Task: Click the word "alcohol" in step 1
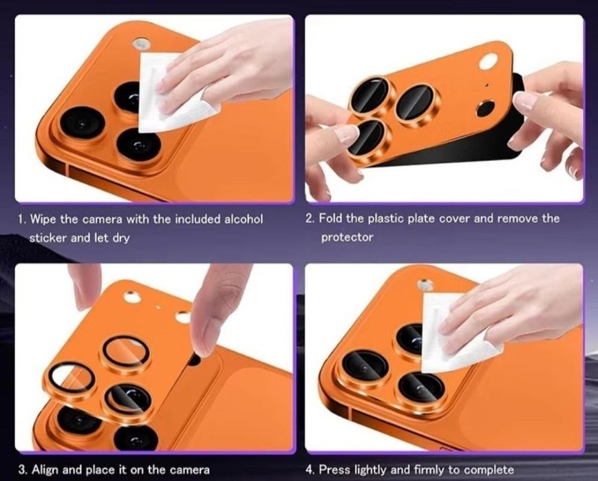(244, 219)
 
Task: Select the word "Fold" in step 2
(331, 218)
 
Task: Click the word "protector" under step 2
(347, 237)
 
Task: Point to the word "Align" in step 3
(45, 469)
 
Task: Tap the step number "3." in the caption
(23, 469)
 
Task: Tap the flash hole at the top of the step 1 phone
(141, 43)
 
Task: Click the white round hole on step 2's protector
(489, 61)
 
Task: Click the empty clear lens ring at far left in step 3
(72, 380)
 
